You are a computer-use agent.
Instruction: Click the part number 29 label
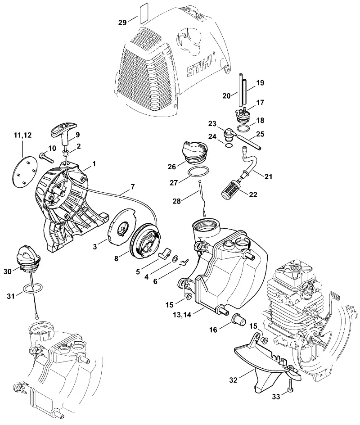click(x=122, y=22)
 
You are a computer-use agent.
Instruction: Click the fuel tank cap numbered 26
click(x=196, y=153)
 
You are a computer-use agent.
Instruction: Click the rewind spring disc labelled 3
click(x=121, y=229)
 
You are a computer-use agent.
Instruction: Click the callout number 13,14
click(x=182, y=314)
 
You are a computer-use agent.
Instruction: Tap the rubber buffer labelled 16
click(x=238, y=318)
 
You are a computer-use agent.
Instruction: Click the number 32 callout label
click(x=233, y=380)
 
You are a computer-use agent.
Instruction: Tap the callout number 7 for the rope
click(x=132, y=187)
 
